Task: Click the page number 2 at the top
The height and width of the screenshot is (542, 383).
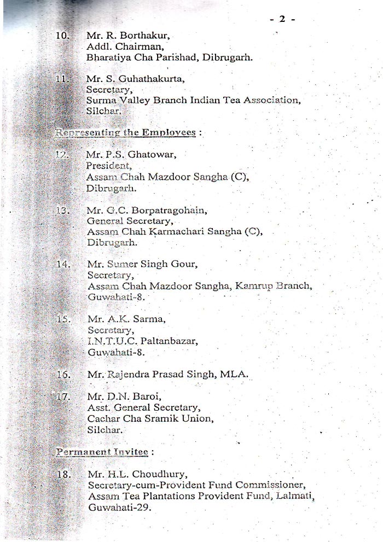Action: [283, 19]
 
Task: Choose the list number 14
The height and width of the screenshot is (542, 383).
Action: [63, 265]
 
